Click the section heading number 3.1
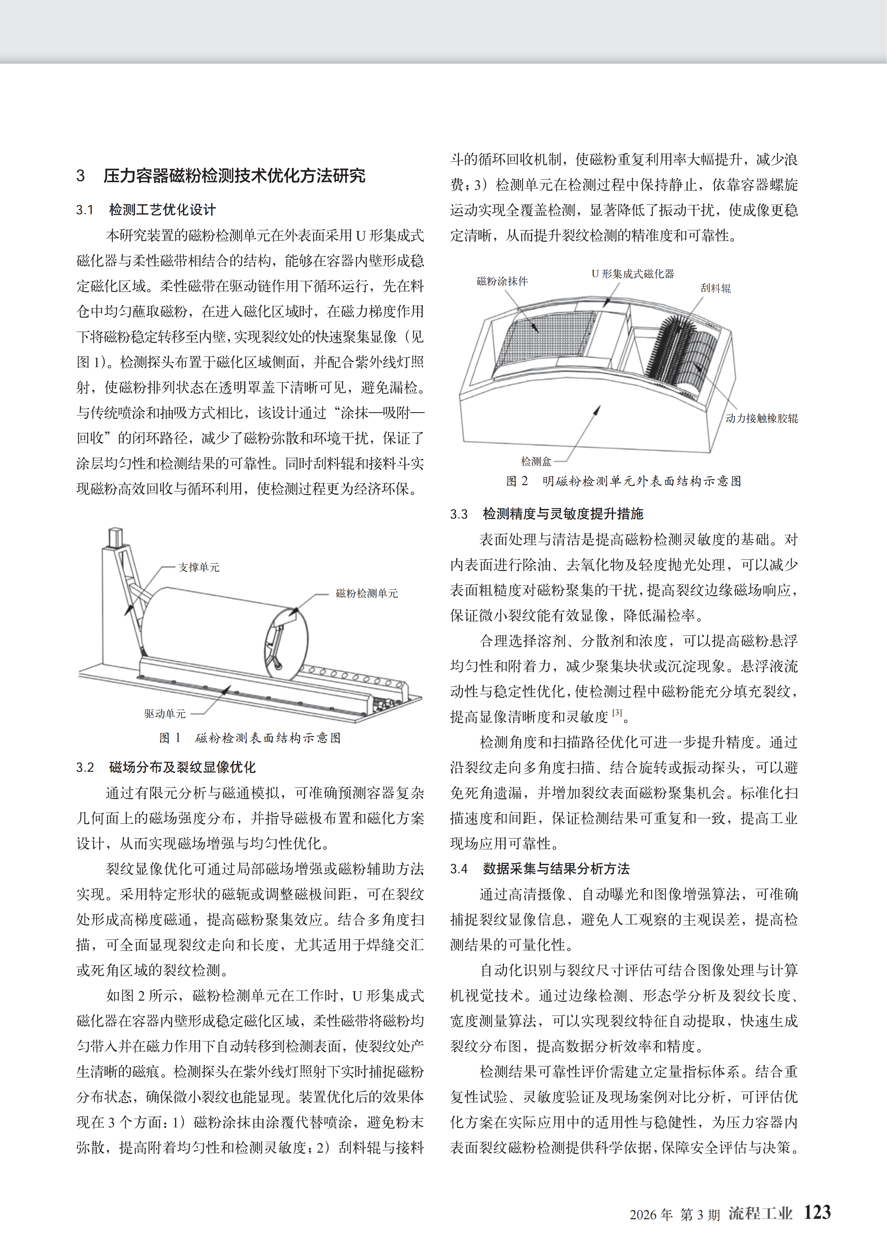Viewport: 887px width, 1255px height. coord(85,210)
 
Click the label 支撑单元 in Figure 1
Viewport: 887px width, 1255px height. coord(199,567)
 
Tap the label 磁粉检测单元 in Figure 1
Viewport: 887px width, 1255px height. coord(367,593)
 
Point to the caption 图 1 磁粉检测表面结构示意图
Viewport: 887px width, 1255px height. coord(250,738)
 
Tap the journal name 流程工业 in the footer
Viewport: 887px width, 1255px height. coord(760,1213)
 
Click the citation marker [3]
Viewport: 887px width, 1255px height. coord(617,712)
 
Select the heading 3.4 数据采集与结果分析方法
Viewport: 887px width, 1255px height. coord(539,869)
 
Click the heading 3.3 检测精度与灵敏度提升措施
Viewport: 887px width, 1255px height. coord(546,514)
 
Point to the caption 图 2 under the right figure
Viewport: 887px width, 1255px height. coord(623,481)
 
